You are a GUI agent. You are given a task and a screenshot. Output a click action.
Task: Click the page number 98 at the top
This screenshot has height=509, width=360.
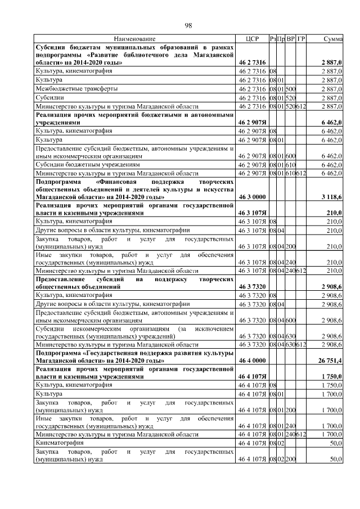(x=189, y=25)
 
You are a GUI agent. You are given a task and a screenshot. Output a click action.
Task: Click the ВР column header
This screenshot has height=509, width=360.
(x=291, y=39)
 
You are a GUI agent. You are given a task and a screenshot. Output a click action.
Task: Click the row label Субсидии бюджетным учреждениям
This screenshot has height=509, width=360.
(x=87, y=165)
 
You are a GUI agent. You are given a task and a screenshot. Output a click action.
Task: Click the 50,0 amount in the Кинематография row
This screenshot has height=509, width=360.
(x=336, y=444)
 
